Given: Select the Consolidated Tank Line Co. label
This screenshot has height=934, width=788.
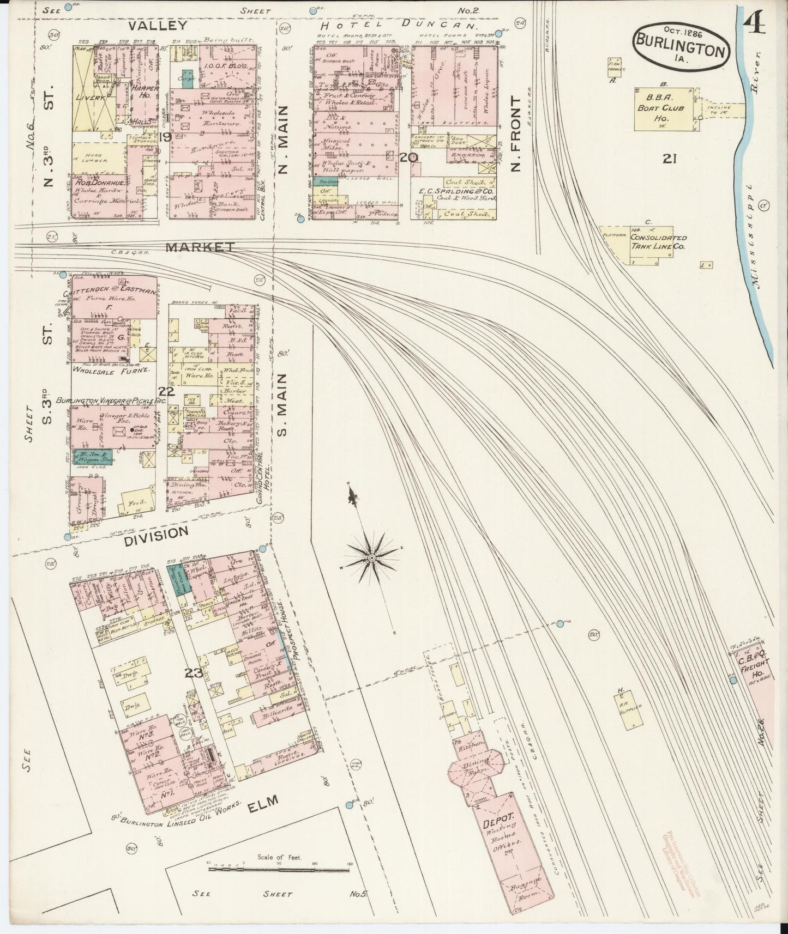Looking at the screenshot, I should (658, 242).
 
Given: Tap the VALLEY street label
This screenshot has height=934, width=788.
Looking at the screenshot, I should (158, 25).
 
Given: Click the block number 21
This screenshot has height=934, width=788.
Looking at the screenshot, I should (670, 159).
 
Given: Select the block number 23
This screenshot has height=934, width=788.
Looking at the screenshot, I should (194, 674).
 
